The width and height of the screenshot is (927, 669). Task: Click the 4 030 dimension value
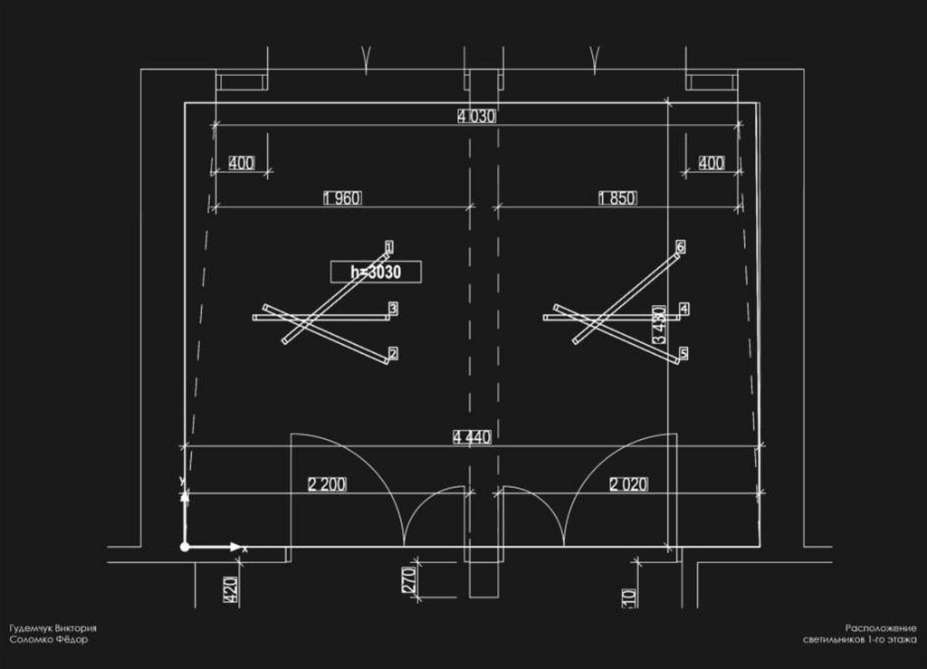[477, 116]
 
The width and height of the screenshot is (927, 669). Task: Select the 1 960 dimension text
[342, 198]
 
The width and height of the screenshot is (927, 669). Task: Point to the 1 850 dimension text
[616, 198]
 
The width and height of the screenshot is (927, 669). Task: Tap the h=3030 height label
[376, 272]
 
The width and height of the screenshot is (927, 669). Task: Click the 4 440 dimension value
[472, 437]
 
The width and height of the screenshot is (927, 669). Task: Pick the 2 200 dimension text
[327, 484]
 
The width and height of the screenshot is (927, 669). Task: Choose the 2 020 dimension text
[629, 484]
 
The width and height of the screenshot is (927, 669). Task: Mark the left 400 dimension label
[241, 163]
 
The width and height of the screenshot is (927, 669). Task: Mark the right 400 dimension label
[712, 163]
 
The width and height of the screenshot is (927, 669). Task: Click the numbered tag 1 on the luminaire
[389, 245]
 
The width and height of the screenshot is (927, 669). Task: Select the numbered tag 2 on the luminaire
[393, 353]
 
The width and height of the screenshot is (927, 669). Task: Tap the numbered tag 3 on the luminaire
[393, 309]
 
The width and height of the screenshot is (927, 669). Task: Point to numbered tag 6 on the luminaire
[680, 245]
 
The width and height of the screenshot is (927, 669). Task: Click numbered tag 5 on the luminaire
[683, 353]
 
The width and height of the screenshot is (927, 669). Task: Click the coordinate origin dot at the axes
[185, 547]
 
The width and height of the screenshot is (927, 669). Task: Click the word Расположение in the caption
[882, 628]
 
